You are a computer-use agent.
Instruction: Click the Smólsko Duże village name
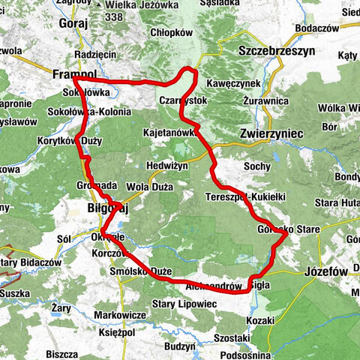tap(142, 271)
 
